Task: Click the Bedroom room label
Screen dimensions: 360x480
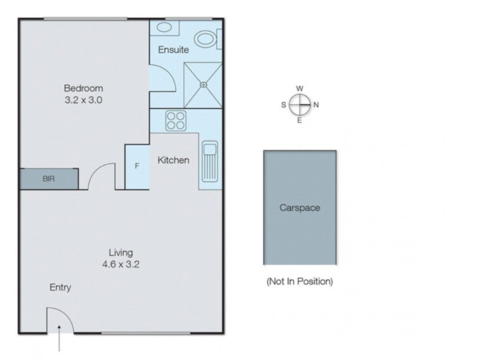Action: [x=83, y=88]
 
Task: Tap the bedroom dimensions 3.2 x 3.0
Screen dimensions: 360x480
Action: [x=83, y=100]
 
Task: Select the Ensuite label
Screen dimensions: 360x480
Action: [x=173, y=50]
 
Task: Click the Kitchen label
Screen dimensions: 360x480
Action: [x=173, y=160]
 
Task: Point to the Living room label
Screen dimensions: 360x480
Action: [x=121, y=252]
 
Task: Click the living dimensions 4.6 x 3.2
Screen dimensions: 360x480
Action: [x=121, y=264]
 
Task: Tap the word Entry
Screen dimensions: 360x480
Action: [x=60, y=287]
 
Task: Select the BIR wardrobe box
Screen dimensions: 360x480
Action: [x=49, y=179]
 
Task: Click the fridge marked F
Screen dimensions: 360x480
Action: [x=137, y=166]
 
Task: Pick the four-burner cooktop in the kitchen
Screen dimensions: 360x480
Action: [x=176, y=121]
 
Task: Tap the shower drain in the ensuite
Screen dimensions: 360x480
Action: [x=203, y=85]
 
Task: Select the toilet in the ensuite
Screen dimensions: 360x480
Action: [x=208, y=39]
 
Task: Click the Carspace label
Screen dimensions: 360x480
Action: [x=299, y=208]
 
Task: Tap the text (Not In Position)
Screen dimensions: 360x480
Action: [x=299, y=281]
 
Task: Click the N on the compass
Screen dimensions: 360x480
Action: [x=316, y=105]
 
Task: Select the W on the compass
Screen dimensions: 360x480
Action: [x=299, y=89]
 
